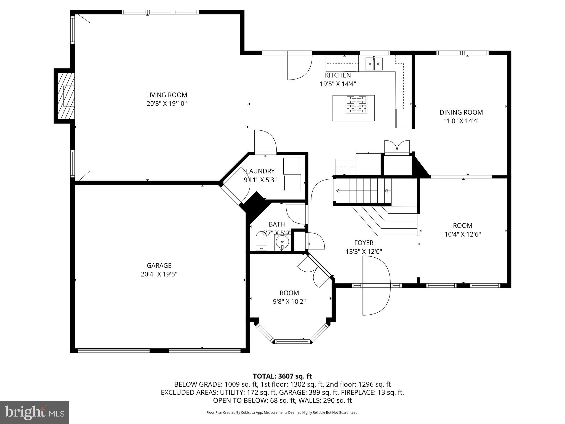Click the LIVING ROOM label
(166, 95)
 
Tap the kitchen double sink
(374, 64)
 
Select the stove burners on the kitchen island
(357, 104)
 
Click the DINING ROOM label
(461, 112)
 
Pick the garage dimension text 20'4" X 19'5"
(159, 274)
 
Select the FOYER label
(364, 243)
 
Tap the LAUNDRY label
(260, 171)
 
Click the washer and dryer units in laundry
(292, 174)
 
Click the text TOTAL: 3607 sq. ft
(282, 376)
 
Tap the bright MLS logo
(34, 412)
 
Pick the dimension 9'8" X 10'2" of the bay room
(289, 301)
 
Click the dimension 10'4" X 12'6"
(462, 234)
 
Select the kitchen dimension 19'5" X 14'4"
(338, 84)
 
